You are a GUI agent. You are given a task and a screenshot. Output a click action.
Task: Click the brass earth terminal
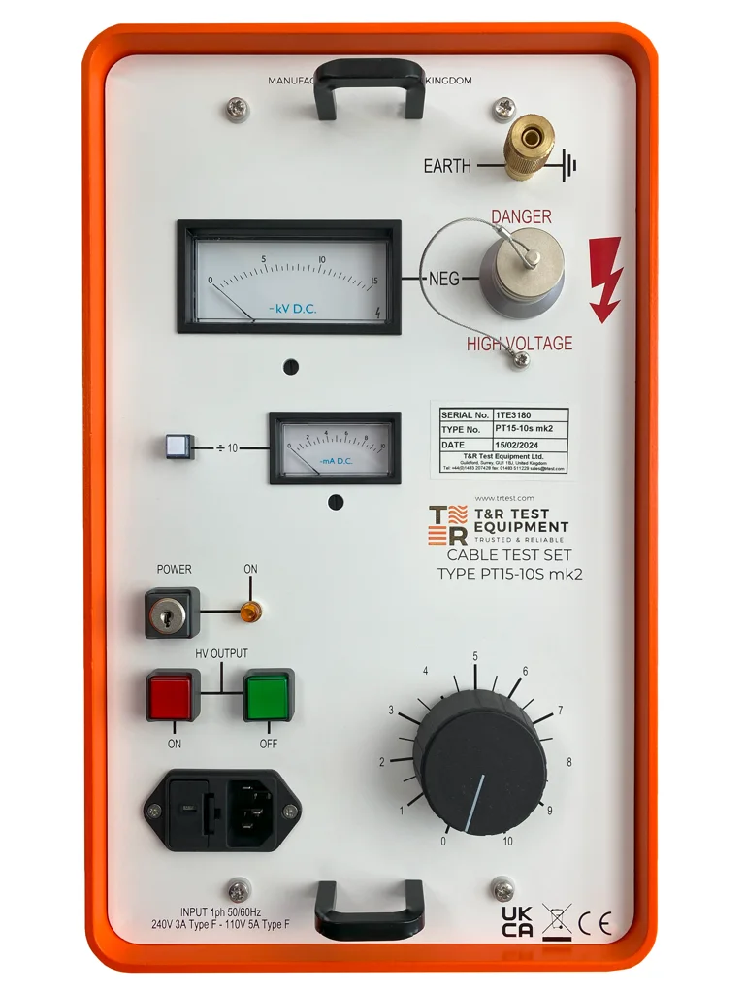coord(530,146)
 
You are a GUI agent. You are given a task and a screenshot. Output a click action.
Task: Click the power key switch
coord(171,613)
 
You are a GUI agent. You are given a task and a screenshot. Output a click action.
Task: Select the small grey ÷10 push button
coord(177,447)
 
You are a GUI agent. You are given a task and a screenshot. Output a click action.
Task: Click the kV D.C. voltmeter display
coord(289,277)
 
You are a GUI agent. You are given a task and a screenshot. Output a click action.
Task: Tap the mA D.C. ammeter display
coord(335,448)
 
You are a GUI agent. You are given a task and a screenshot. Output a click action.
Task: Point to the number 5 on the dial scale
coord(475,657)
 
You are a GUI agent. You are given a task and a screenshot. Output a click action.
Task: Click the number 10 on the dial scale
coord(507,841)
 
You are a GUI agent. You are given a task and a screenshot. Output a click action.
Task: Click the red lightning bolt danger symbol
coord(605,279)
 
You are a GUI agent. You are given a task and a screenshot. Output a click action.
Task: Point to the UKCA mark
coord(517,921)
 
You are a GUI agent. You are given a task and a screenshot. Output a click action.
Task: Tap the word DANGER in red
coord(521,216)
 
